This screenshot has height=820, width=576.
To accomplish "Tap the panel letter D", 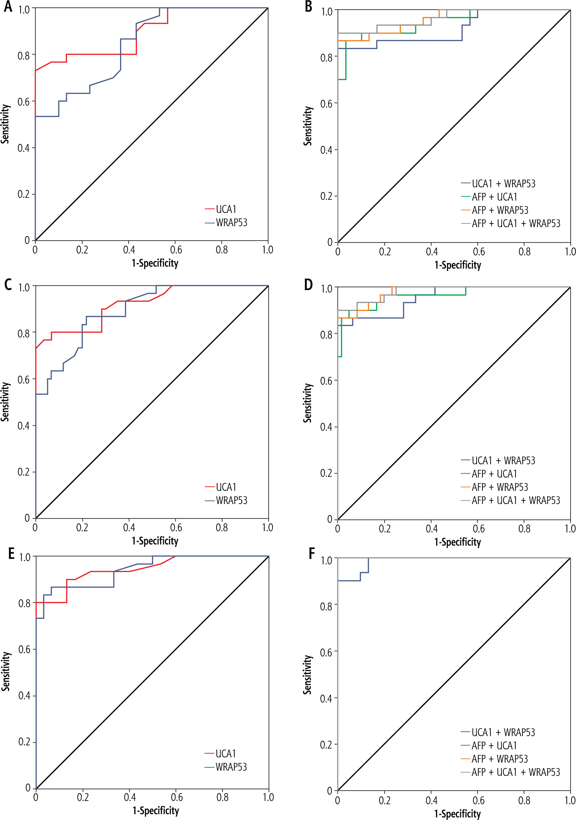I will [x=308, y=284].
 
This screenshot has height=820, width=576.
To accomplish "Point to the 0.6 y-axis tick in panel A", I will [x=24, y=102].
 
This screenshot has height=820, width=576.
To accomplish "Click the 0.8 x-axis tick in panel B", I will [x=524, y=252].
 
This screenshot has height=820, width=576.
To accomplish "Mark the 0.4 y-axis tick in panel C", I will [x=24, y=426].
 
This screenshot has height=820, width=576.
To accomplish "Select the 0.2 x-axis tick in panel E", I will [x=83, y=797].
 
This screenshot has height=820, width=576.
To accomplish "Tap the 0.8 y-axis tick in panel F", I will [x=326, y=606].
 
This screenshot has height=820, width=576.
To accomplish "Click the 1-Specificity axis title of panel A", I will [x=155, y=263].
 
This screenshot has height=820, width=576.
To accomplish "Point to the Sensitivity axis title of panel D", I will [x=307, y=403].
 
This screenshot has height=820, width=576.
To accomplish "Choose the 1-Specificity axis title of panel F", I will [x=457, y=814].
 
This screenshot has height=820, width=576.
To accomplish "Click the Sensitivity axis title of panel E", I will [x=5, y=671].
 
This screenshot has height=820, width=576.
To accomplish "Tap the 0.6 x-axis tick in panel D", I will [x=479, y=529].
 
